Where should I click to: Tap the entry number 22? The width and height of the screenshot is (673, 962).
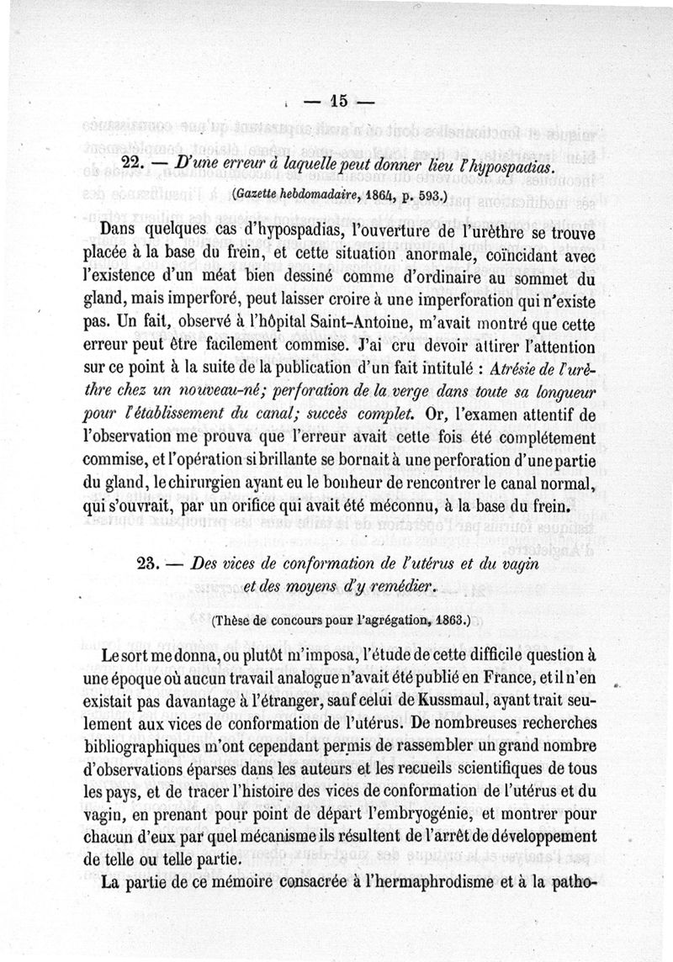(x=135, y=165)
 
